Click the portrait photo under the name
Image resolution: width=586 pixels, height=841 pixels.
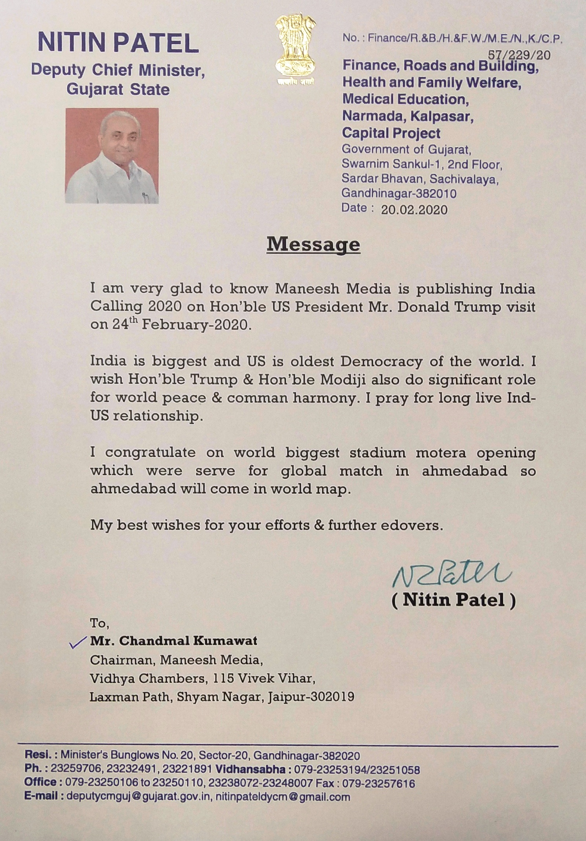pyautogui.click(x=112, y=155)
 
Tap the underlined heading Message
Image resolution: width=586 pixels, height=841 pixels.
pyautogui.click(x=313, y=244)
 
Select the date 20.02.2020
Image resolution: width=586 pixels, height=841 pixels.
pyautogui.click(x=414, y=210)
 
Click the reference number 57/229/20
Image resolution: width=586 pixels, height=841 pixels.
pyautogui.click(x=519, y=55)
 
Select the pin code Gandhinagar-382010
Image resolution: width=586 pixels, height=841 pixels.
pyautogui.click(x=399, y=193)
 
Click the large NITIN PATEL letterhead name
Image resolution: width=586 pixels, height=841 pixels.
pyautogui.click(x=118, y=42)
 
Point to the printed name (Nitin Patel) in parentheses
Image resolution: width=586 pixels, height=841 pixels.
pyautogui.click(x=454, y=600)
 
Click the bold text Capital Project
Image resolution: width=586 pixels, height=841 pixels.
pyautogui.click(x=391, y=133)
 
